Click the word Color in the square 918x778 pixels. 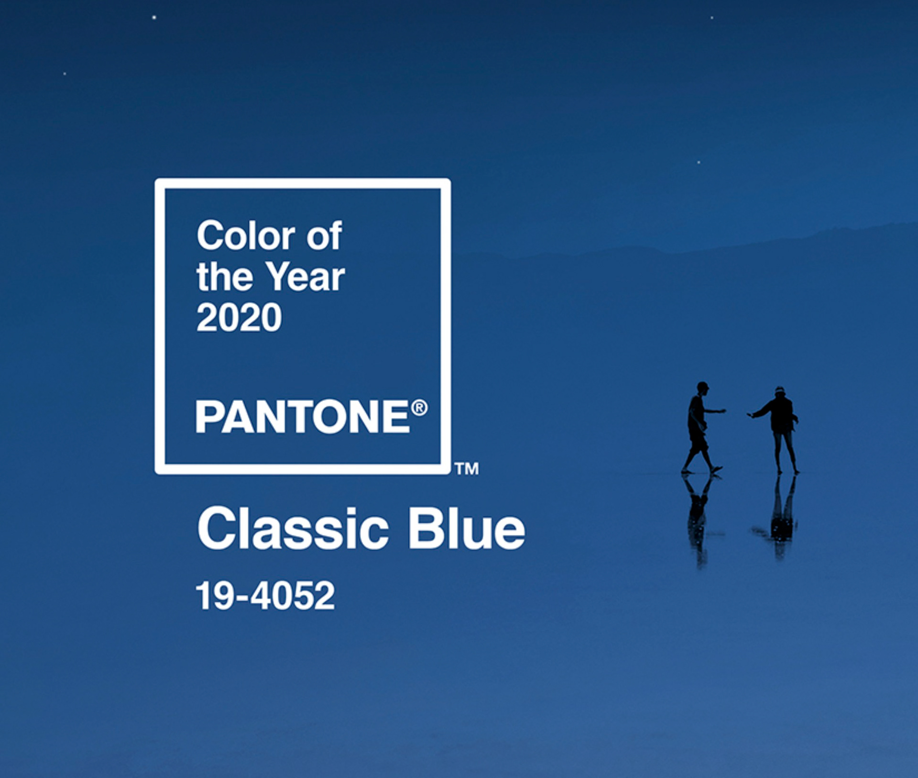click(246, 235)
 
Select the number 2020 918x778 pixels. click(239, 317)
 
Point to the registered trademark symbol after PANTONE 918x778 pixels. click(419, 408)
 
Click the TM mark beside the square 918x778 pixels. click(467, 468)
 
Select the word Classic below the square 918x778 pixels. click(293, 529)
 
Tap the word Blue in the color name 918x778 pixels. click(467, 529)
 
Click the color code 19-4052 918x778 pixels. click(265, 595)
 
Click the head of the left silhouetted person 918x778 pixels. click(702, 387)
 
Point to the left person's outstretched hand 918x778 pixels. click(722, 411)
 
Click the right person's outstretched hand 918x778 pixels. click(751, 415)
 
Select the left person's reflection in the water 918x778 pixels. click(699, 519)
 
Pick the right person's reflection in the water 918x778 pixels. click(778, 517)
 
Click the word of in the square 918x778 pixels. click(324, 235)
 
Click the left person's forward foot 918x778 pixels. click(716, 469)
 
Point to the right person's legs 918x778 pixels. click(785, 453)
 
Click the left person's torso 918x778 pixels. click(696, 414)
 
